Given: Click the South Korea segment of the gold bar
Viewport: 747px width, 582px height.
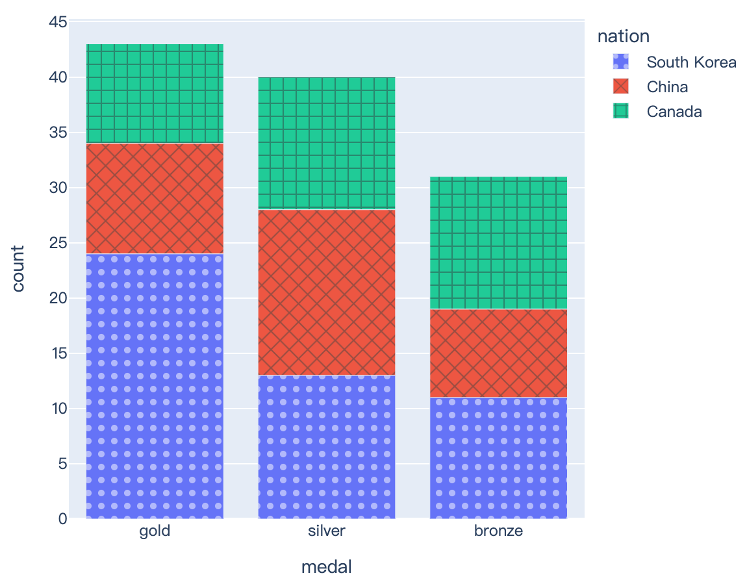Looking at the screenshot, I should pos(155,386).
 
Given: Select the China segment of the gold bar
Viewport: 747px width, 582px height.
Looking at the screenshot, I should pos(155,198).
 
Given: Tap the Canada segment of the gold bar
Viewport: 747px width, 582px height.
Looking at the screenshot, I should pos(155,94).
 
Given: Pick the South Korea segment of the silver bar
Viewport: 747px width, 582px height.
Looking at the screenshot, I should pos(327,447).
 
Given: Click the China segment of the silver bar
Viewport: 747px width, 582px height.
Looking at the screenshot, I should pos(327,292).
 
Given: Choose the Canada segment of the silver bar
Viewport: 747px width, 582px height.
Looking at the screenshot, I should pos(327,144).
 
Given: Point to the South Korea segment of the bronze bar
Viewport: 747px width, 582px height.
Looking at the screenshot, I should pos(499,458).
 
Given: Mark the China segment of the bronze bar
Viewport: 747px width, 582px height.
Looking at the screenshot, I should pos(499,353).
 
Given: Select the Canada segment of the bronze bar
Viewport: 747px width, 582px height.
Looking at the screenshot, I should pos(499,243).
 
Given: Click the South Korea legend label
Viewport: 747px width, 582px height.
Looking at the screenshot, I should pos(691,62).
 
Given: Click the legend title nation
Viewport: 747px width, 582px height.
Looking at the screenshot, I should pos(624,36).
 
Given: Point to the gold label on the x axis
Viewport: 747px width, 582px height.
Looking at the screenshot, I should pos(155,531).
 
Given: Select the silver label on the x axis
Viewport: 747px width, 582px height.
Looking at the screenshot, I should pos(327,531).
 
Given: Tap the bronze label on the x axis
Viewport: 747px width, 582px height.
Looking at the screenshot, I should pos(499,531).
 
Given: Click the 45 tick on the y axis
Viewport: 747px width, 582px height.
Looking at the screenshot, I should pos(58,23).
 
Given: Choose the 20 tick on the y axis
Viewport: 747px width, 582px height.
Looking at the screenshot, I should pos(58,298).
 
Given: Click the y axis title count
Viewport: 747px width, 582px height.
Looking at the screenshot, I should pos(18,269).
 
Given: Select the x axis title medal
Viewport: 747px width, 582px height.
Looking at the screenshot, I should pos(327,566).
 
